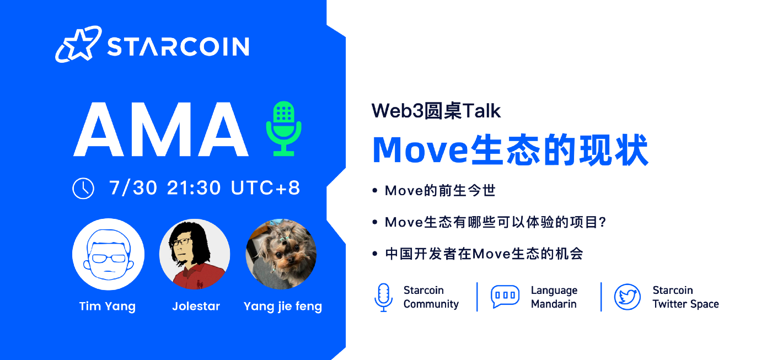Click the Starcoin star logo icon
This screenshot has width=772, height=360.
tap(78, 44)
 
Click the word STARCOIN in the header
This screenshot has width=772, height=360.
tap(178, 46)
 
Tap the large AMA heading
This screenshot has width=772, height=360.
tap(161, 129)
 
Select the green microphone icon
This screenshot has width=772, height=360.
tap(283, 128)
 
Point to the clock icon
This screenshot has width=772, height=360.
tap(83, 189)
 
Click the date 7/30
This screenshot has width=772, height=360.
tap(133, 188)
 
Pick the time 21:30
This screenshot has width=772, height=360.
tap(194, 188)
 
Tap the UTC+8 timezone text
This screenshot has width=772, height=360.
tap(265, 188)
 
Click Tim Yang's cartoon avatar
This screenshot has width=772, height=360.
tap(108, 254)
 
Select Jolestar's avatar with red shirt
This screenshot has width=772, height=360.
tap(195, 254)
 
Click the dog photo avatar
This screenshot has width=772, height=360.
tap(281, 254)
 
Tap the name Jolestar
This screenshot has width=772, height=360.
tap(196, 306)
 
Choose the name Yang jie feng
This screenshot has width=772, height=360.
tap(282, 307)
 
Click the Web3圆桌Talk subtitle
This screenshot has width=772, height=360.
tap(436, 111)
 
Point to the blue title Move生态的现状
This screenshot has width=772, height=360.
tap(511, 150)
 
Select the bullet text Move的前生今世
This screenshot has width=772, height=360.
tap(440, 191)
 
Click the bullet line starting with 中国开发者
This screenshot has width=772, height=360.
tap(484, 254)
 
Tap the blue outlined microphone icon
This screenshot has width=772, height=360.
tap(383, 297)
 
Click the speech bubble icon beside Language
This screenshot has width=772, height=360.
tap(505, 296)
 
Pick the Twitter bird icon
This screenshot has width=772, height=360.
tap(628, 297)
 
